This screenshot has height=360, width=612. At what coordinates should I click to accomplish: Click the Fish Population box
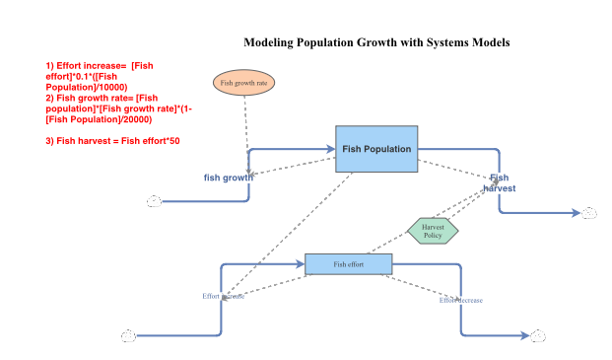coord(376,149)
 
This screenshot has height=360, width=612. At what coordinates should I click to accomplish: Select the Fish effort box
coord(348,264)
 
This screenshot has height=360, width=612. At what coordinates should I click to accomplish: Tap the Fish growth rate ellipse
coord(243,84)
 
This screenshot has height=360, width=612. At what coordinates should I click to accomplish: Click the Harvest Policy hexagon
coord(433,231)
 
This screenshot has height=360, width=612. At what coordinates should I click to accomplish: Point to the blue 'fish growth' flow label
coord(228,178)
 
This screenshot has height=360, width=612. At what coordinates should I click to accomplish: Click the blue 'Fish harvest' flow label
coord(500,182)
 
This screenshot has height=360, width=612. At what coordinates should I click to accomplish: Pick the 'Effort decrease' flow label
coord(461,300)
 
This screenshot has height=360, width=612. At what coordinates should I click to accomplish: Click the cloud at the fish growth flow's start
coord(154,201)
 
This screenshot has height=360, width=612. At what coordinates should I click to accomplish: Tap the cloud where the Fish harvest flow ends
coord(589,212)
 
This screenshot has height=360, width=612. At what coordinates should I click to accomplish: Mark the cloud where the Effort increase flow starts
coord(128,336)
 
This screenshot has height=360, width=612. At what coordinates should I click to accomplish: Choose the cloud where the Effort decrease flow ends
coord(537,336)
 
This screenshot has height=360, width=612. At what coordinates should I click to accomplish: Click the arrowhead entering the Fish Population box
coord(331,150)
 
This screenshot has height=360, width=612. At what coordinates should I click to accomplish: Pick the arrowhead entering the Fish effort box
coord(301,264)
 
